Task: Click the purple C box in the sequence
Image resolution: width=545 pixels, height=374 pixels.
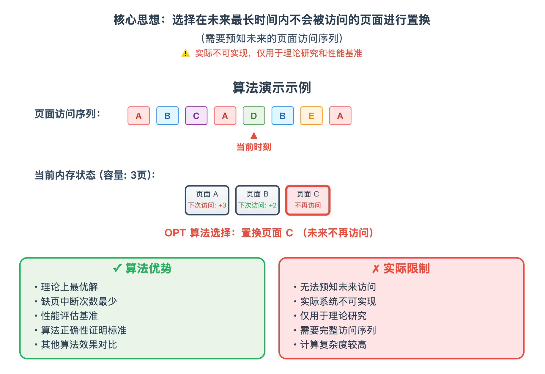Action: tap(196, 116)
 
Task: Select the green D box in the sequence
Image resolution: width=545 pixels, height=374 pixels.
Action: tap(254, 116)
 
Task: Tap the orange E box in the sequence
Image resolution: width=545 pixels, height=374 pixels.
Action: tap(311, 116)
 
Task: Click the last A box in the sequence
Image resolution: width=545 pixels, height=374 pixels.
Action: tap(340, 116)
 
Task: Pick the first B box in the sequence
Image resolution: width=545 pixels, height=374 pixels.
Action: tap(167, 116)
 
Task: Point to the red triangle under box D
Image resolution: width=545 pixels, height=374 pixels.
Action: tap(254, 136)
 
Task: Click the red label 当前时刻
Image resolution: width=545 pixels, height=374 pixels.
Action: tap(254, 147)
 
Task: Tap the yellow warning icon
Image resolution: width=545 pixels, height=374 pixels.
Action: tap(185, 53)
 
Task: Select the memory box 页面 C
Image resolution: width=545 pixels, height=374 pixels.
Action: tap(308, 200)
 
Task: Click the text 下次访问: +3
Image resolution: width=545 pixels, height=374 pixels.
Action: tap(207, 205)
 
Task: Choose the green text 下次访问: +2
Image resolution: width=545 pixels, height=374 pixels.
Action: tap(258, 205)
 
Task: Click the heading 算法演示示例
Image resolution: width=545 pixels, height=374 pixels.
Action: tap(272, 88)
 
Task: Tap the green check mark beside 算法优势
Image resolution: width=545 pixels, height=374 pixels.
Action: tap(118, 268)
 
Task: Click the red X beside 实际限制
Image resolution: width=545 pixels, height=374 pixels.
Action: tap(376, 269)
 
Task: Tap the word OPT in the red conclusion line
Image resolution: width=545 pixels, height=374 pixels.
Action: tap(175, 233)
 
